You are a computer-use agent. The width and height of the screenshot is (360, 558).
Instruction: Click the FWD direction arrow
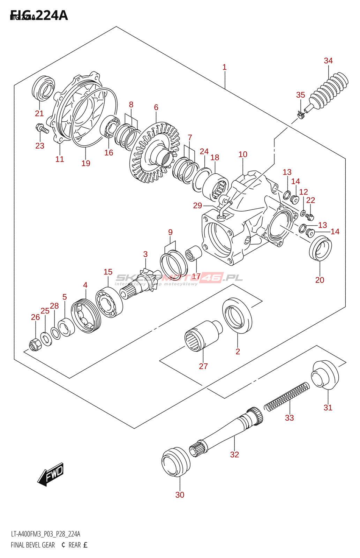pos(51,474)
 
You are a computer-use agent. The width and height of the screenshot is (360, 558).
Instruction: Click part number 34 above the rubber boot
pos(328,61)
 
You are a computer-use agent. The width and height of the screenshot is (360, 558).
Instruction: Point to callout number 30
pos(180,495)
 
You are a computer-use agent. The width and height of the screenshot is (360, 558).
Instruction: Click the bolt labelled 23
pos(42,129)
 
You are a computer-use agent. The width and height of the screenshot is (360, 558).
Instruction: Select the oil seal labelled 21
pos(43,87)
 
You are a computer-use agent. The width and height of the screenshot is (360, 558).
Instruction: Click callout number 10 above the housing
pos(243,154)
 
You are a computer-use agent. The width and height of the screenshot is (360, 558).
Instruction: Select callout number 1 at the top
pos(224,67)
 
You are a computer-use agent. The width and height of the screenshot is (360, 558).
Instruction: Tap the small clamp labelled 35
pos(300,113)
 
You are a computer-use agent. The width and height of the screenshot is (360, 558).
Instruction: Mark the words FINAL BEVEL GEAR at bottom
pos(33,545)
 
